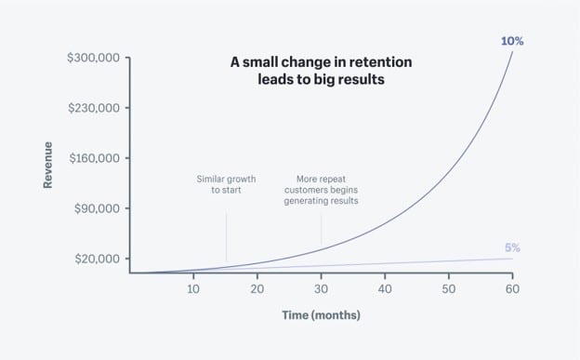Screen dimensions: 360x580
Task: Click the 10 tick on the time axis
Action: tap(193, 287)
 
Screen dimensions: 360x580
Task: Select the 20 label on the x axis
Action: tap(257, 287)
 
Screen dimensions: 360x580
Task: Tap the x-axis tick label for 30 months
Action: tap(321, 287)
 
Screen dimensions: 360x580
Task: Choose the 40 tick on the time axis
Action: tap(385, 287)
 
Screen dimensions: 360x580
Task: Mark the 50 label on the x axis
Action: tap(448, 287)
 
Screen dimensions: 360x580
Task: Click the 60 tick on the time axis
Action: tap(511, 287)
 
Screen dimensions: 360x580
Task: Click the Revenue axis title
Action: tap(47, 165)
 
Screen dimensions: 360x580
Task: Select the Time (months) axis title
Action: tap(321, 315)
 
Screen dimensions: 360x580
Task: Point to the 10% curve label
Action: tap(511, 41)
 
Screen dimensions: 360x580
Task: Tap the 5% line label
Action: tap(512, 247)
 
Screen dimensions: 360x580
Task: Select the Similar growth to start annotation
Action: tap(226, 183)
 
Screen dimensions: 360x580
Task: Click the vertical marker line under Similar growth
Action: tap(226, 236)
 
